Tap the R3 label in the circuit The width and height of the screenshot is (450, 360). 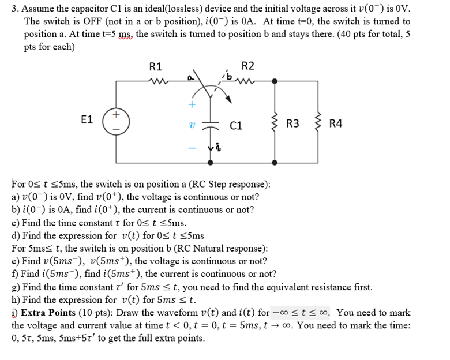tap(292, 123)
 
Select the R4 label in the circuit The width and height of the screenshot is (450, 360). tap(335, 123)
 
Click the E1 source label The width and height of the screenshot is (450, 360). tap(87, 120)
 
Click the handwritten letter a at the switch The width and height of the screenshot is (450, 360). tap(189, 77)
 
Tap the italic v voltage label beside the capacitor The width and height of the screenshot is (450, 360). tap(192, 125)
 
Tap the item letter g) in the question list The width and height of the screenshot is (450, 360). tap(16, 287)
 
